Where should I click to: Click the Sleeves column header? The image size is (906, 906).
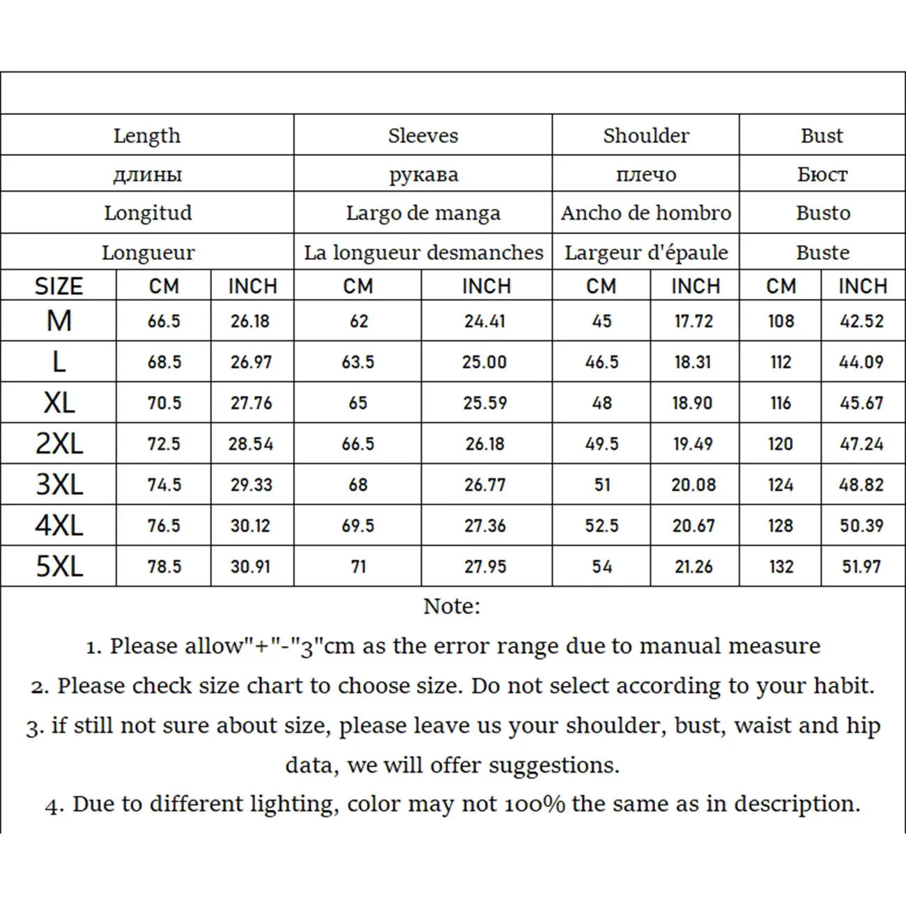tap(423, 135)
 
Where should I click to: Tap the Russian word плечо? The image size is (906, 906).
tap(646, 174)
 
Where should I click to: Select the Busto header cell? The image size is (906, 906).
tap(823, 213)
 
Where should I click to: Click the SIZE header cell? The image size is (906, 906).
tap(59, 286)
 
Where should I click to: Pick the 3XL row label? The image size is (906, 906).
tap(59, 484)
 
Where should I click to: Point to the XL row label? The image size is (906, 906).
tap(59, 403)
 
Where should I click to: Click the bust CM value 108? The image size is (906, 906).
tap(781, 321)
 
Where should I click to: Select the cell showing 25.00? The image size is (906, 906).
tap(484, 362)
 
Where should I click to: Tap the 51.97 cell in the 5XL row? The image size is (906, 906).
tap(861, 567)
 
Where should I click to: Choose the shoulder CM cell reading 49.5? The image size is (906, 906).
tap(601, 444)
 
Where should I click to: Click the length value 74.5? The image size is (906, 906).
tap(164, 485)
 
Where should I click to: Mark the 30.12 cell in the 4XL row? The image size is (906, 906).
tap(250, 525)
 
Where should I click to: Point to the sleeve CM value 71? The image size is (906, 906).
tap(358, 567)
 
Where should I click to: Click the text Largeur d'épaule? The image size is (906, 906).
tap(646, 252)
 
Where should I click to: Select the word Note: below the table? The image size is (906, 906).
tap(452, 606)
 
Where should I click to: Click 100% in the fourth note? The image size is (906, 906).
tap(536, 804)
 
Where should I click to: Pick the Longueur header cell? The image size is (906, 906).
tap(148, 252)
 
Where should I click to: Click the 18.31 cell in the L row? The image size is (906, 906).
tap(693, 362)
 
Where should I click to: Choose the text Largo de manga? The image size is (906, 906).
tap(423, 213)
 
